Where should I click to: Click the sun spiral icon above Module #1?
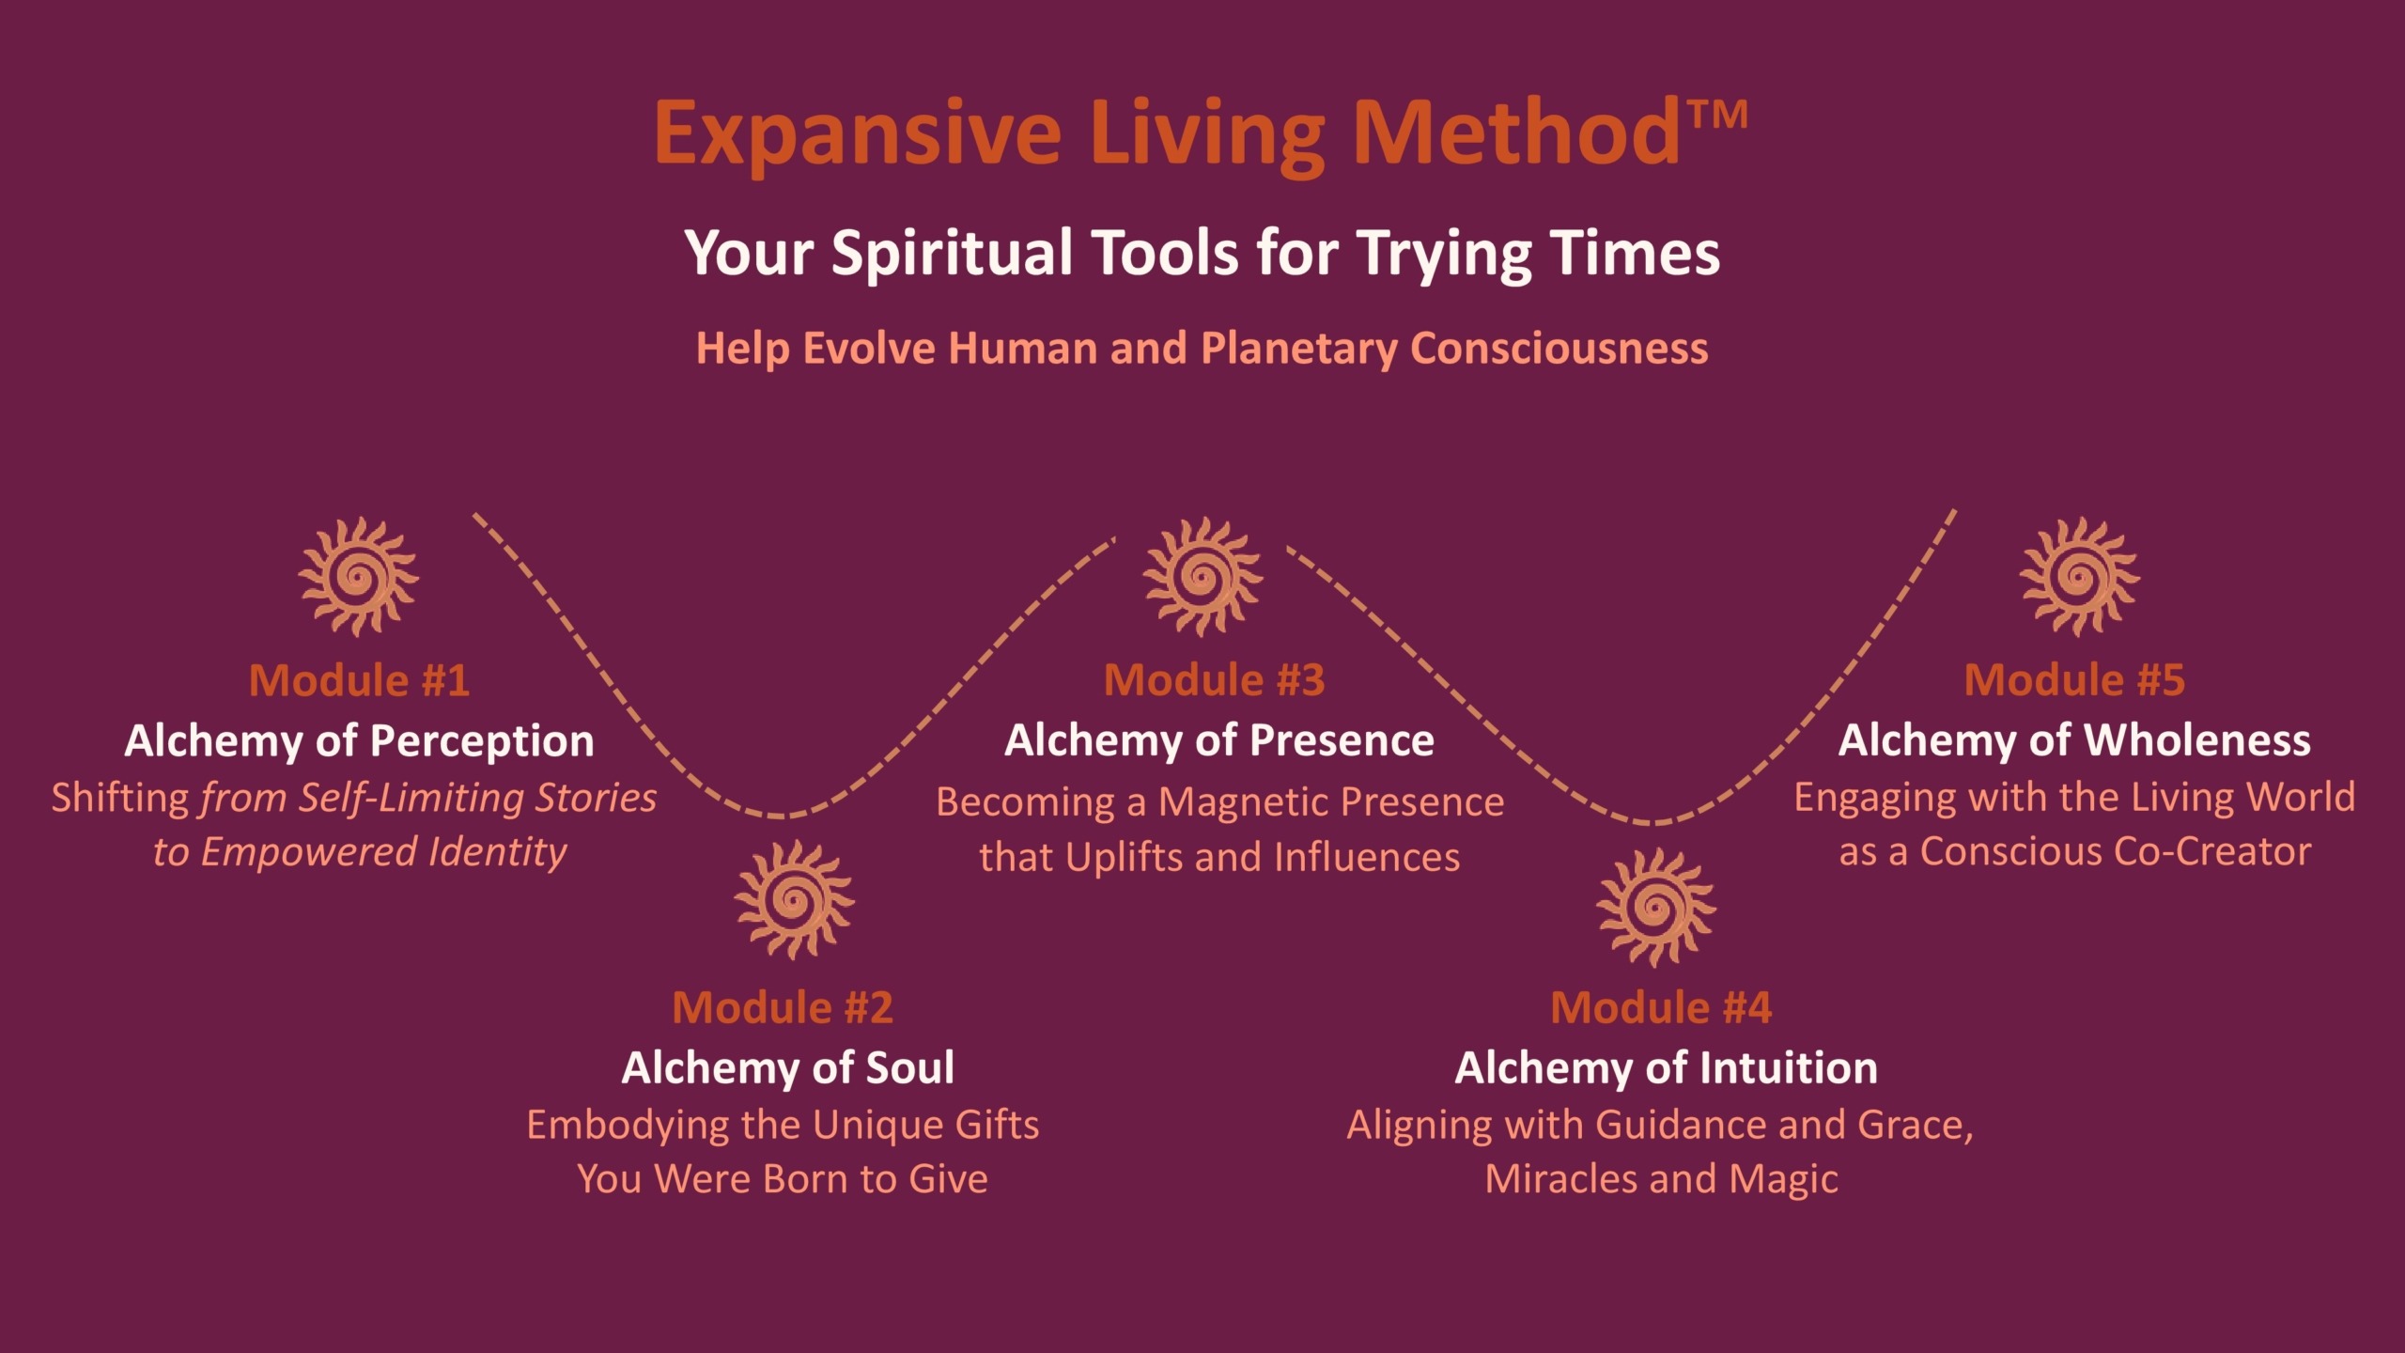click(358, 576)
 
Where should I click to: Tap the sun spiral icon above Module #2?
click(795, 900)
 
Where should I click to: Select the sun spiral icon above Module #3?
click(1202, 576)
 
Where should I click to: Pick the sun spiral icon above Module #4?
click(1656, 908)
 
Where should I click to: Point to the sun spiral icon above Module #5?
click(2080, 576)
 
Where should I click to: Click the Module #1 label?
click(359, 680)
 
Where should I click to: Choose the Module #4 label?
click(1661, 1008)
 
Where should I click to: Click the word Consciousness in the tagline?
click(1559, 349)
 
